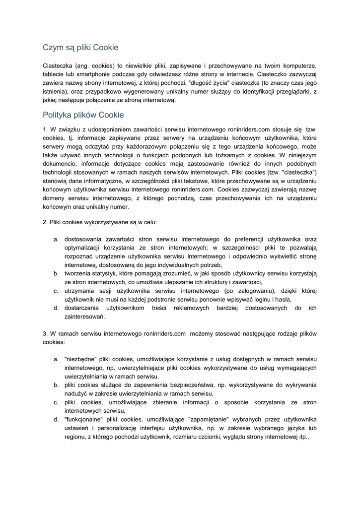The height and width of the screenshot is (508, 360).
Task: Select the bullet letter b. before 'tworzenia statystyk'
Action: [x=57, y=273]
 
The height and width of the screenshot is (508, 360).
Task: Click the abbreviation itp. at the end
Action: [x=301, y=437]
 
